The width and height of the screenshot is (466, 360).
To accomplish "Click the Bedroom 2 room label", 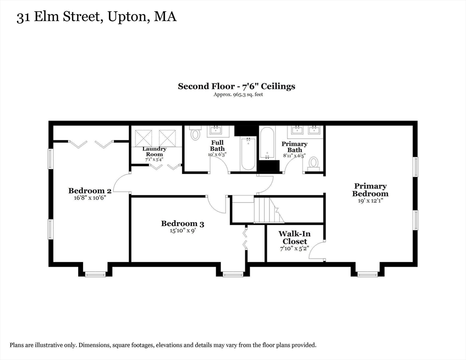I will click(90, 191).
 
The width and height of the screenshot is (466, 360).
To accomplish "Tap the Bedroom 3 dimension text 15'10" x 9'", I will click(182, 231).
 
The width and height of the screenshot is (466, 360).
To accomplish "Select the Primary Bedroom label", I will click(370, 190).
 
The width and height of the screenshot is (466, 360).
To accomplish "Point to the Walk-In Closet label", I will click(294, 238).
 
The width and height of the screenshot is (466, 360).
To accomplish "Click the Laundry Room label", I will click(154, 151).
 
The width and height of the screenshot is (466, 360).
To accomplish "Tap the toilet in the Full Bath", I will click(195, 134).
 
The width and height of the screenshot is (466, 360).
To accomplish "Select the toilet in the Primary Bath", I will click(313, 163).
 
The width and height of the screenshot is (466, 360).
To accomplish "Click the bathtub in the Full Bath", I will click(247, 154).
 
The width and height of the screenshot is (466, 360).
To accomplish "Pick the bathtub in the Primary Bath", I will click(267, 143).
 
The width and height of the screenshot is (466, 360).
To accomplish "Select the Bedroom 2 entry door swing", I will click(122, 183).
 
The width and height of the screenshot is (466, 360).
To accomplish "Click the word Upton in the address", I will click(127, 17).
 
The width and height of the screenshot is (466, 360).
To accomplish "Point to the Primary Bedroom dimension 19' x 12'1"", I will click(370, 201).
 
